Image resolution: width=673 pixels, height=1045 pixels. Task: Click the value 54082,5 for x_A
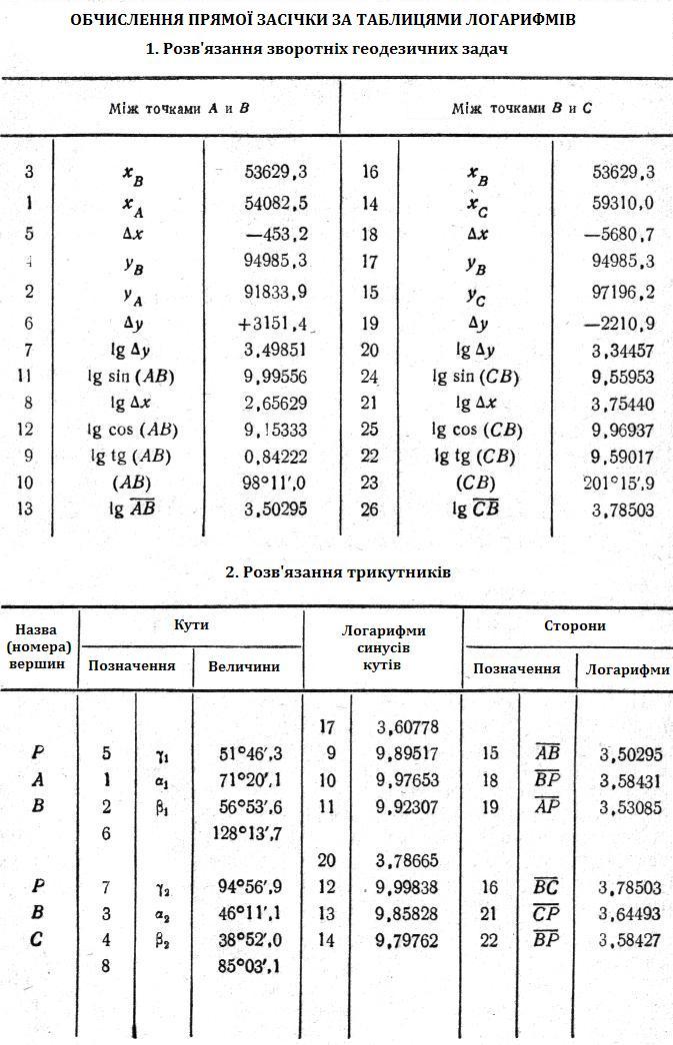point(275,204)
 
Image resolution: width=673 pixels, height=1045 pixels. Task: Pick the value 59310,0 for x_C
point(623,204)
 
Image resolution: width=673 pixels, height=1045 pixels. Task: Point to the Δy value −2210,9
point(620,325)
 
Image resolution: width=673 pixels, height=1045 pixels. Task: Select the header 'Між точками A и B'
point(179,108)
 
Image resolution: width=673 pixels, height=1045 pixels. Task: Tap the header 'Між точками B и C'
point(521,108)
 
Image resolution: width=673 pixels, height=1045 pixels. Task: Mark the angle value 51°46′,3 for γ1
point(250,754)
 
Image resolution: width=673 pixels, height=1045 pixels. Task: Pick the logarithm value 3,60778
point(407,727)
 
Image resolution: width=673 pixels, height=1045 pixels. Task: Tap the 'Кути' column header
point(190,625)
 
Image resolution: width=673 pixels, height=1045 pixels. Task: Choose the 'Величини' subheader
point(244,666)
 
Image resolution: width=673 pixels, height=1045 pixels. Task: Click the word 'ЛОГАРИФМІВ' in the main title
point(519,20)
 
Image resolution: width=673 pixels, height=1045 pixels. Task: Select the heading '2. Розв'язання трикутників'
point(338,572)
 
